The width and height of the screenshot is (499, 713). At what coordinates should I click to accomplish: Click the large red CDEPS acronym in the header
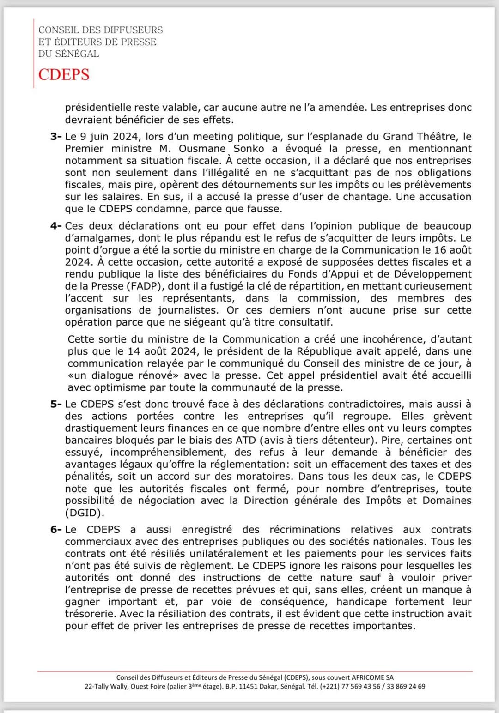[x=64, y=74]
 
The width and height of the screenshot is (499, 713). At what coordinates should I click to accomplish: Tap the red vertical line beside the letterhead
[x=34, y=53]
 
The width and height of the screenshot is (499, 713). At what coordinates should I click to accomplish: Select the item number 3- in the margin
[x=56, y=137]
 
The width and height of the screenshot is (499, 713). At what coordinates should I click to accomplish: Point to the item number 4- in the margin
[x=56, y=226]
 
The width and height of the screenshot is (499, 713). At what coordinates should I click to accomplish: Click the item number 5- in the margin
[x=56, y=404]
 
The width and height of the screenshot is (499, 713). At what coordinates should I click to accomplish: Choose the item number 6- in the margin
[x=56, y=530]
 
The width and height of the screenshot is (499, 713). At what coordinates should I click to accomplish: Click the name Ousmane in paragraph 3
[x=202, y=149]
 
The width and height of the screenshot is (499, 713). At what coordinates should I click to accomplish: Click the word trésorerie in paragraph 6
[x=91, y=614]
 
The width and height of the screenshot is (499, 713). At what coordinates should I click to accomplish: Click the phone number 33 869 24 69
[x=406, y=687]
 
